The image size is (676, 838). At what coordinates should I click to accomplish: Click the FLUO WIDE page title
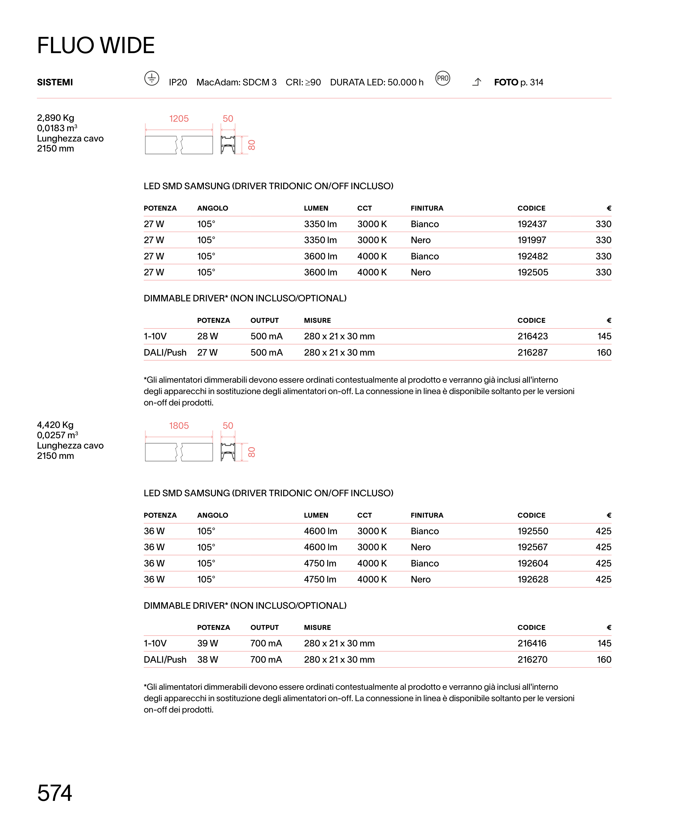(x=96, y=45)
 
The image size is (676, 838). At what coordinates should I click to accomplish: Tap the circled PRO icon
(x=442, y=78)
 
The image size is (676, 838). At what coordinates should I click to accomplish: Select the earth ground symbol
(x=152, y=78)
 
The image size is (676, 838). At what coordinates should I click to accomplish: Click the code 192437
(x=532, y=224)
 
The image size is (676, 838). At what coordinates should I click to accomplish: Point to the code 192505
(x=532, y=272)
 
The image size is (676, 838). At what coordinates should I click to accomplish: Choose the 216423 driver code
(x=532, y=336)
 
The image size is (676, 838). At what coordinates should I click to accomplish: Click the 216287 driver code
(x=532, y=353)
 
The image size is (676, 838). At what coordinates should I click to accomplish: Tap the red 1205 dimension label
(x=179, y=118)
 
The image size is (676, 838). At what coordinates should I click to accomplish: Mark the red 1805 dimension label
(x=179, y=426)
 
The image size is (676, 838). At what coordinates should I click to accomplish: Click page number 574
(x=54, y=793)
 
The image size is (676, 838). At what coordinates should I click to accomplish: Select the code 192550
(x=532, y=531)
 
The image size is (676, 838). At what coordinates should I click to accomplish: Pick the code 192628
(x=532, y=580)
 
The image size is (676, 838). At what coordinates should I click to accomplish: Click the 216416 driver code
(x=532, y=643)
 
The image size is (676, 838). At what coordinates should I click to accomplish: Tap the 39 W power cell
(x=208, y=643)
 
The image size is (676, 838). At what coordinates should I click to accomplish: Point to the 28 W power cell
(x=208, y=336)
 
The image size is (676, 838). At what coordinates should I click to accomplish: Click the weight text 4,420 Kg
(x=55, y=425)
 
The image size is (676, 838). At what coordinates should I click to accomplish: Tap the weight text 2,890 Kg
(x=55, y=118)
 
